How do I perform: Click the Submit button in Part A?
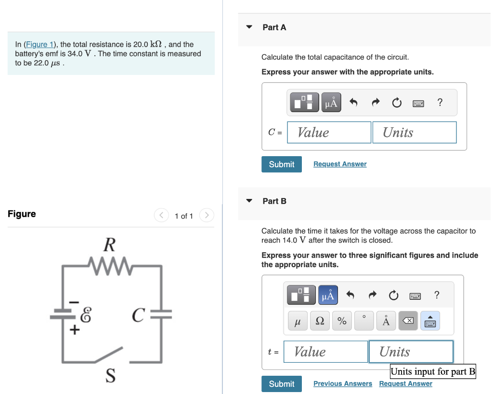point(282,164)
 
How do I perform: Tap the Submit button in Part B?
point(282,384)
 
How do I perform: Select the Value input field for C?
point(329,132)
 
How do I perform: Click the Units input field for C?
point(414,132)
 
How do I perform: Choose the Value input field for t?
point(326,352)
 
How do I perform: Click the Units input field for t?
point(411,352)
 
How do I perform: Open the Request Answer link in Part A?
point(340,164)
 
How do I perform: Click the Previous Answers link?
point(343,384)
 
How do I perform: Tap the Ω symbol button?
point(320,321)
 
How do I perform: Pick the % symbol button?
point(342,321)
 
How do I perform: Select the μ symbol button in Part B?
point(298,321)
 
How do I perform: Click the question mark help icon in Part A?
point(440,102)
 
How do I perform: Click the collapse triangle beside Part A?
point(249,27)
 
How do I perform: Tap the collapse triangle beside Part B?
point(249,201)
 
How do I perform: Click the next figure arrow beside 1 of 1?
point(207,215)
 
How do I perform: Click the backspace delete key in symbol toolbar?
point(408,321)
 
